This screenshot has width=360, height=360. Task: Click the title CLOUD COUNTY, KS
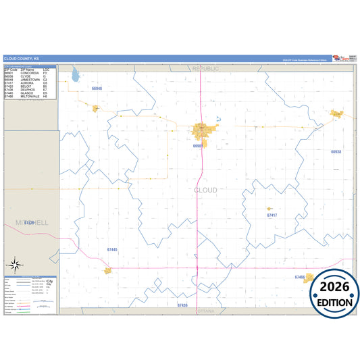point(22,59)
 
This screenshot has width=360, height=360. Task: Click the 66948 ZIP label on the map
point(97,88)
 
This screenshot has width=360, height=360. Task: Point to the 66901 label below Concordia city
point(198,146)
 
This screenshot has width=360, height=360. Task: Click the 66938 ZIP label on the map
point(336,152)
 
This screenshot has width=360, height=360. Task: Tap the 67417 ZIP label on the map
point(272,215)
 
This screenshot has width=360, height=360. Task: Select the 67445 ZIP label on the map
point(112,250)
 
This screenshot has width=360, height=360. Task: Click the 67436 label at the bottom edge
point(182,306)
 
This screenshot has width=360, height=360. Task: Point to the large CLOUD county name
point(205,190)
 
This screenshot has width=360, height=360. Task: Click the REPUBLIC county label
point(205,69)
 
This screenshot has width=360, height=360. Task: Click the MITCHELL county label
point(31,222)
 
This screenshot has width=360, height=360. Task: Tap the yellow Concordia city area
point(203,129)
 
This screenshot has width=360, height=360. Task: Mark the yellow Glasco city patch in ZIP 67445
point(107,271)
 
